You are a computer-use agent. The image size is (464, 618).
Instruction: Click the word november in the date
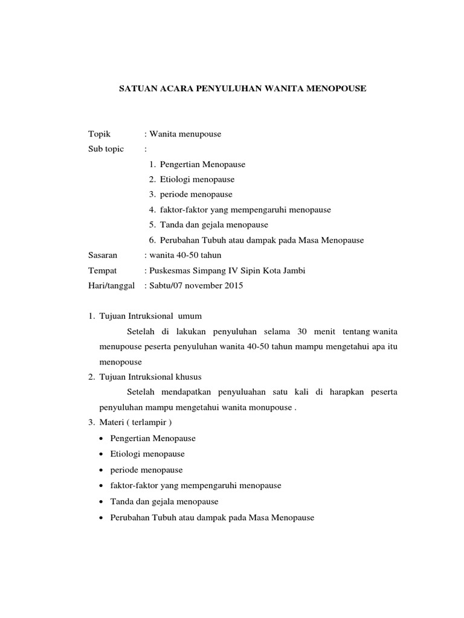(199, 285)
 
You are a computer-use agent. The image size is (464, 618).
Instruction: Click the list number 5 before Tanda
(152, 225)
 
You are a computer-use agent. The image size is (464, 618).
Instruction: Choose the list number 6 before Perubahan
(152, 240)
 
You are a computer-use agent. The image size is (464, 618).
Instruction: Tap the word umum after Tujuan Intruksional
(188, 316)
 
